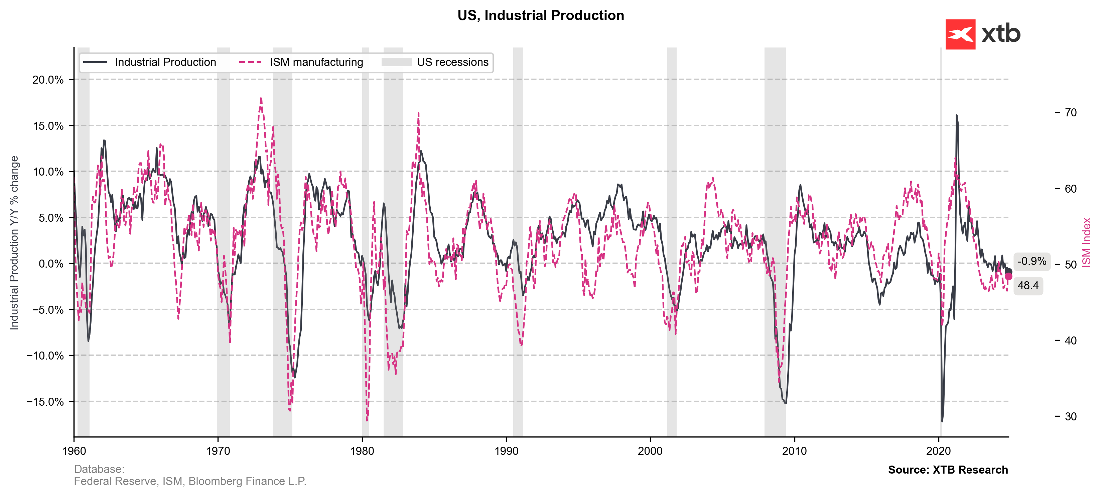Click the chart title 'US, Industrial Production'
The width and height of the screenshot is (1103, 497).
(x=540, y=15)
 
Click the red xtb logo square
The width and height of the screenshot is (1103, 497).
(x=960, y=34)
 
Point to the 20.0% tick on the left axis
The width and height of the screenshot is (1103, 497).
(x=48, y=80)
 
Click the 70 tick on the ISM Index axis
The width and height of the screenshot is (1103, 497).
(x=1071, y=113)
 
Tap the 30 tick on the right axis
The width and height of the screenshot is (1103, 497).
(x=1071, y=416)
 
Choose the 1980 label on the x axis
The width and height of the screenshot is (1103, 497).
(x=362, y=451)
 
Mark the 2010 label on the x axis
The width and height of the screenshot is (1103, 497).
(x=794, y=451)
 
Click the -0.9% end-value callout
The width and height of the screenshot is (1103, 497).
(x=1031, y=261)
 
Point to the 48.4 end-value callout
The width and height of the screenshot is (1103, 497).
(x=1028, y=286)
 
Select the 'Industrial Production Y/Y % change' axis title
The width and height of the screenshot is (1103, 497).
(x=14, y=242)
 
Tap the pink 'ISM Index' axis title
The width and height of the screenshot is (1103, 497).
(x=1086, y=242)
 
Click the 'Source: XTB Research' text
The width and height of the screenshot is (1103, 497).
(x=948, y=470)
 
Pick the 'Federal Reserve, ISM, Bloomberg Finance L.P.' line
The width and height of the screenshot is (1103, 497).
(x=190, y=482)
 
